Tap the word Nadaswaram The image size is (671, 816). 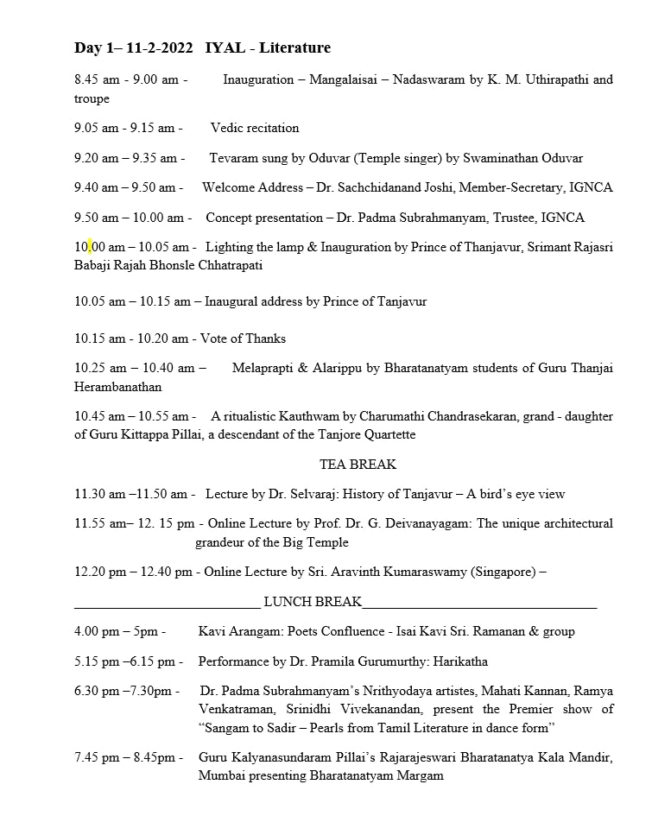coord(433,79)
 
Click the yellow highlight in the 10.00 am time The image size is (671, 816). coord(89,247)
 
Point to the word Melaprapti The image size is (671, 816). coord(264,368)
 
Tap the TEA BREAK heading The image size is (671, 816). coord(358,465)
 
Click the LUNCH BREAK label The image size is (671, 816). coord(313,602)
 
